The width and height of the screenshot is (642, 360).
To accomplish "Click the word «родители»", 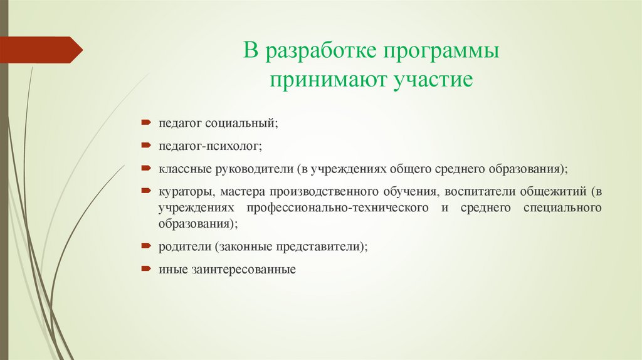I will pos(183,246).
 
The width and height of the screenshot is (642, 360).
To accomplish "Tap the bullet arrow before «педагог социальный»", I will pos(145,123).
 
